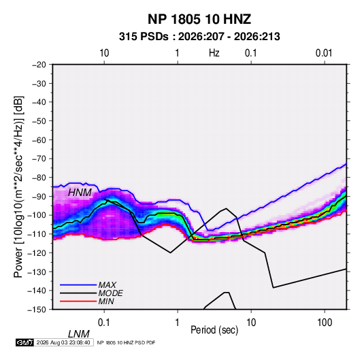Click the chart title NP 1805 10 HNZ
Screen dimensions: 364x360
point(199,19)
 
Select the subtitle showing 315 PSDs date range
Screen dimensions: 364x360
point(199,37)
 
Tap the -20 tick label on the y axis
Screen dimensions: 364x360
point(39,65)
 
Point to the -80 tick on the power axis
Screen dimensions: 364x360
point(39,178)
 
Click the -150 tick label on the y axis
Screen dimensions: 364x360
point(37,310)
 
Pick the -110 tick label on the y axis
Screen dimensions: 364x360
point(37,234)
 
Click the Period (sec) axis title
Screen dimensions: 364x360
point(214,330)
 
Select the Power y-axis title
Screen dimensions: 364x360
point(18,187)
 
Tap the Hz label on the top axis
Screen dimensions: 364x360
point(214,53)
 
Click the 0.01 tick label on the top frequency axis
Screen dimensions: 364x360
point(324,53)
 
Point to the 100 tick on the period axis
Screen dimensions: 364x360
point(325,323)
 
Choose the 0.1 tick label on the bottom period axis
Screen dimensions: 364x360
point(104,323)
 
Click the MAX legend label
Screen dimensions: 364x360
point(107,285)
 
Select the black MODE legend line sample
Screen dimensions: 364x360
point(78,293)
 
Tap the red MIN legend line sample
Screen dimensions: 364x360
point(78,301)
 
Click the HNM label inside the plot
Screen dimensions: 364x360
point(80,193)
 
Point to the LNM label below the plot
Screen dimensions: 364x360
point(78,334)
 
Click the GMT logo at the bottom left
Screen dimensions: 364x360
point(24,342)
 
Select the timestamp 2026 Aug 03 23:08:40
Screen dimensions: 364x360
point(63,342)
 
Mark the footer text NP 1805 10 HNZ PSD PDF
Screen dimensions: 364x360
point(126,342)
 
